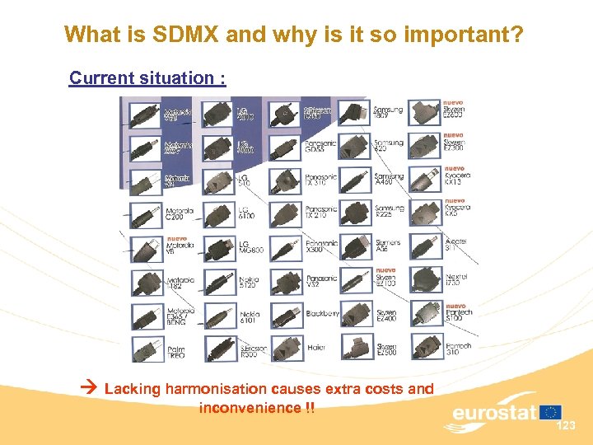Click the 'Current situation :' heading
click(x=147, y=78)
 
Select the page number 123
click(x=566, y=426)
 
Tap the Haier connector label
click(x=316, y=347)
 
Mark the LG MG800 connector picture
click(x=217, y=247)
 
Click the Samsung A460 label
click(x=389, y=180)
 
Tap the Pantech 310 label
click(x=458, y=348)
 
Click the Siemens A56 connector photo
click(x=356, y=246)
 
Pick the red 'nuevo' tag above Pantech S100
click(x=455, y=306)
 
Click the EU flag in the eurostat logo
click(x=551, y=411)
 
